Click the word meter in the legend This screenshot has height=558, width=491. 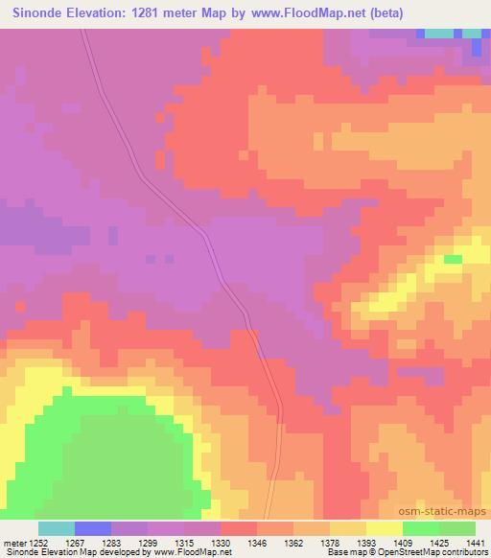point(13,542)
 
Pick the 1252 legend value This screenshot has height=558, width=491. point(38,542)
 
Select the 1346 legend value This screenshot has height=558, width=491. point(257,542)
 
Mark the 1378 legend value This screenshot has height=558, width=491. point(330,542)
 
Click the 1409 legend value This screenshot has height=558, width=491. point(403,542)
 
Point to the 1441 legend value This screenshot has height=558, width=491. point(475,542)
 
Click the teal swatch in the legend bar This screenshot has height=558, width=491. point(57,528)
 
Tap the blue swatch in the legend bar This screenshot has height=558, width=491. point(93,528)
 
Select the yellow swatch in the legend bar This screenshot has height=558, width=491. point(385,528)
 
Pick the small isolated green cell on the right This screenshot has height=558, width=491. point(453,259)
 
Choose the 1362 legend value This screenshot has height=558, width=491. point(293,542)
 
